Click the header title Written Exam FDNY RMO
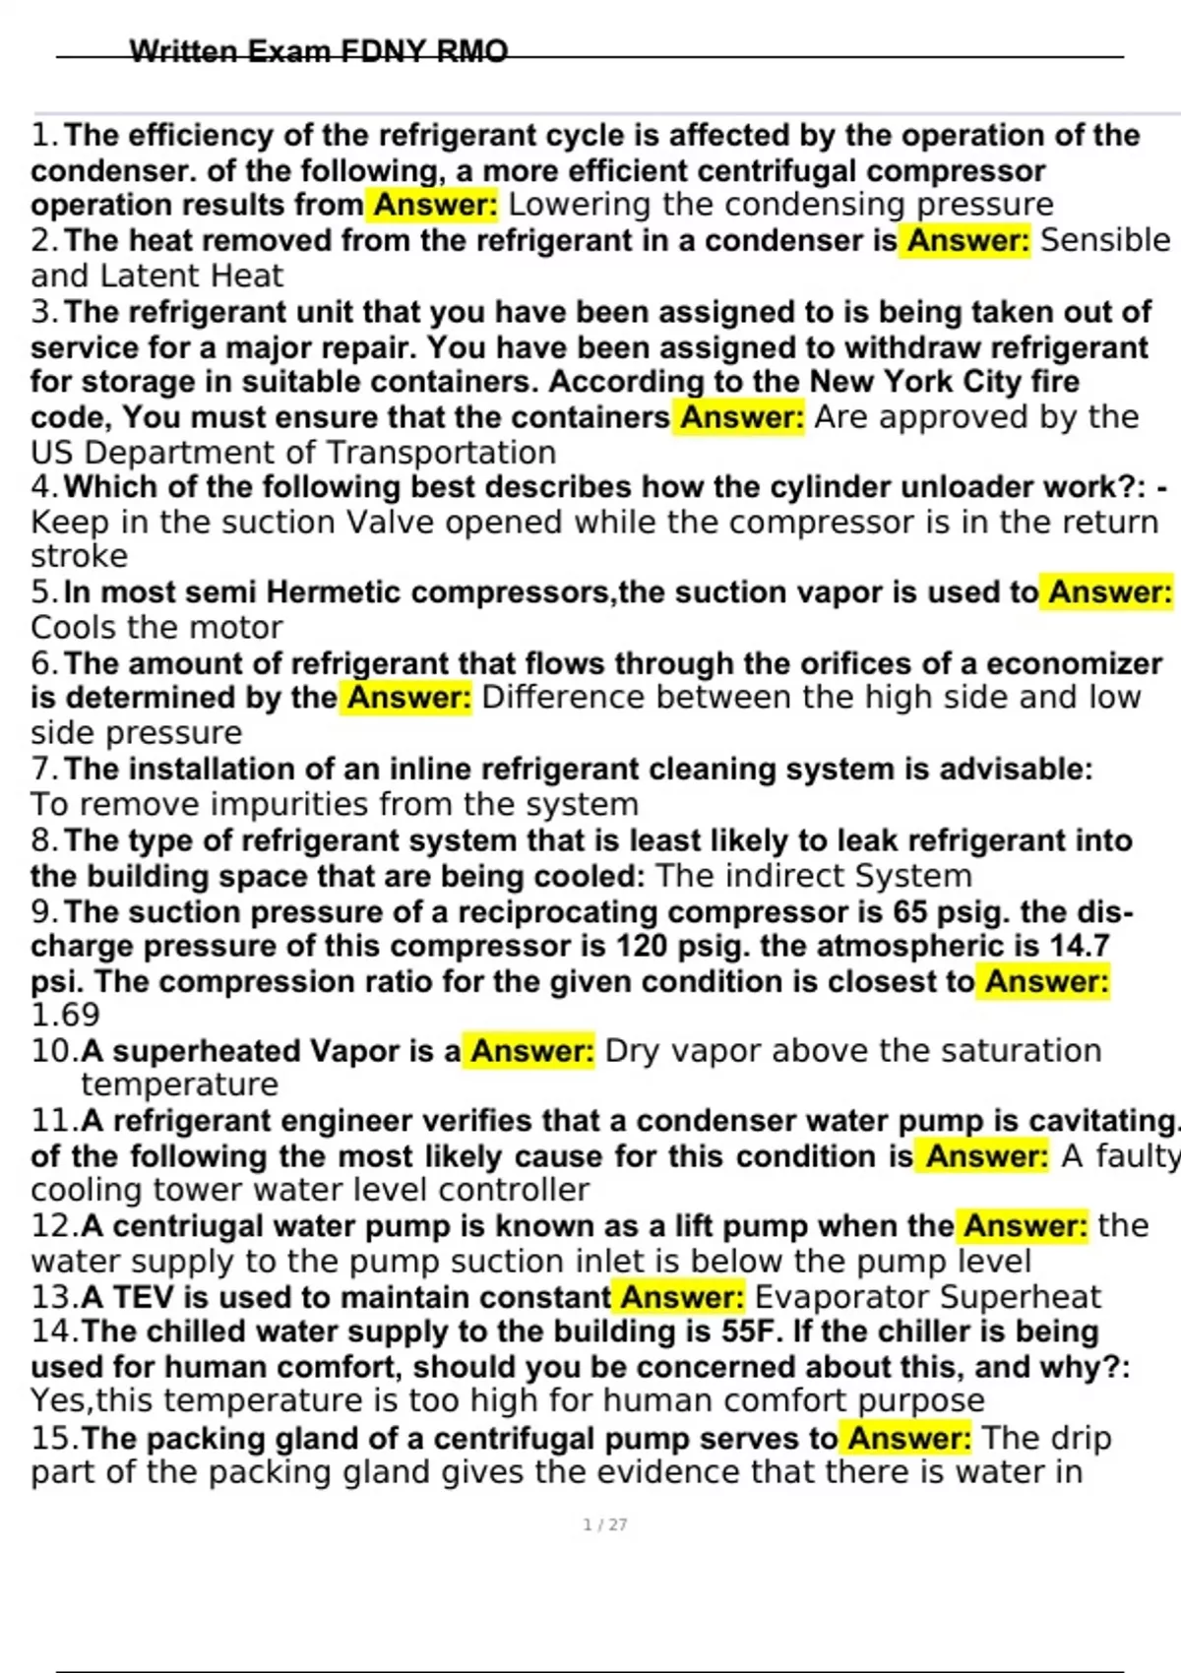tap(319, 50)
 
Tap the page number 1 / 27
tap(605, 1524)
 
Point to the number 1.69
tap(65, 1015)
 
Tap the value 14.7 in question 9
tap(1078, 946)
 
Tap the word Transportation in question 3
tap(440, 452)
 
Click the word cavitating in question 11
tap(1102, 1120)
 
